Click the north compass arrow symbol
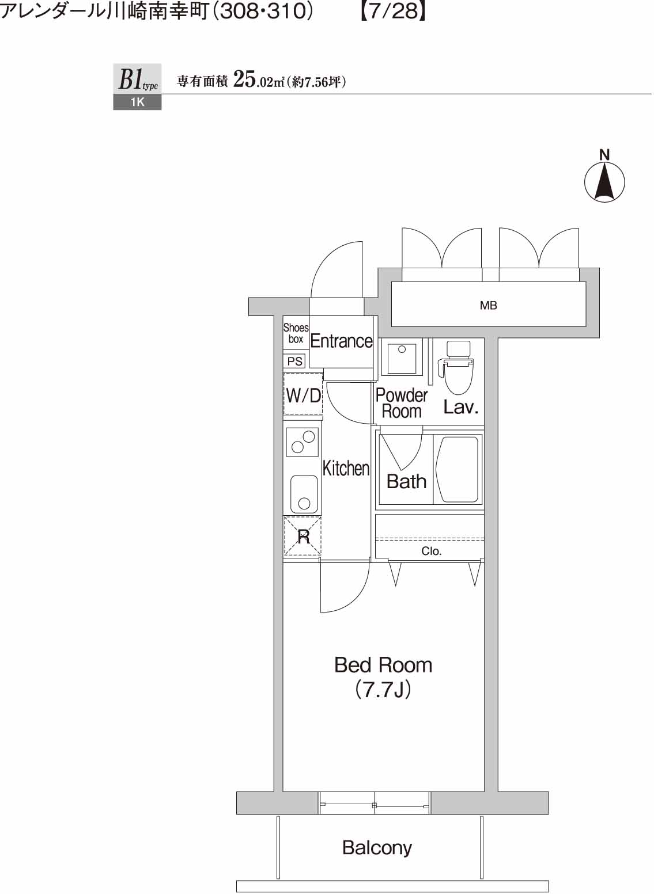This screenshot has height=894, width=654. (x=604, y=182)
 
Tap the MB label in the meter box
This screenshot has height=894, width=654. (x=488, y=306)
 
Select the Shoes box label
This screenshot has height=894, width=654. (x=296, y=333)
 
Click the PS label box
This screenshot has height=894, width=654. (x=295, y=362)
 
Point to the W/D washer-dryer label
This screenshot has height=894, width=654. (x=303, y=395)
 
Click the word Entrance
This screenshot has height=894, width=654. (x=341, y=341)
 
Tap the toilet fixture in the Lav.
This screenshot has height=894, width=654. (x=458, y=368)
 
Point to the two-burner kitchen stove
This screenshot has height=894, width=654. (x=303, y=442)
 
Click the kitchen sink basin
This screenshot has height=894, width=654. (x=304, y=494)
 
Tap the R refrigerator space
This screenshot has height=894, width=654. (x=303, y=537)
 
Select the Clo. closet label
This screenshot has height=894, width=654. (x=431, y=551)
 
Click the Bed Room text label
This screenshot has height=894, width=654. (x=383, y=665)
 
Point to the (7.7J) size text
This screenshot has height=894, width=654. (x=383, y=690)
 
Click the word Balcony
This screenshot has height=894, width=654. (x=377, y=847)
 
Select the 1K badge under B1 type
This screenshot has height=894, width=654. (x=137, y=102)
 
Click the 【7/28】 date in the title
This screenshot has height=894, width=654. (x=392, y=12)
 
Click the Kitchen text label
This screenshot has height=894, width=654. (x=346, y=468)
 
